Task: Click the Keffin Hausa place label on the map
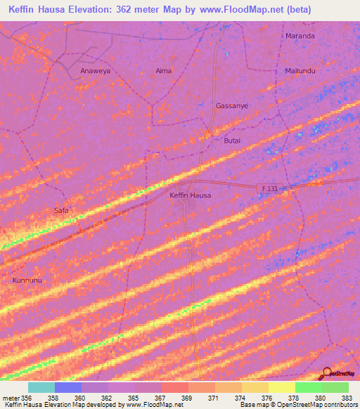coord(191,195)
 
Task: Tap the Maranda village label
coord(300,35)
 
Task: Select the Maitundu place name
coord(300,71)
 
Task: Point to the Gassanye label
coord(231,105)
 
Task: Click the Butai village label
coord(232,141)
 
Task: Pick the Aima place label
coord(163,71)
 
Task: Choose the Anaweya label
coord(95,71)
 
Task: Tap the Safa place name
coord(61,210)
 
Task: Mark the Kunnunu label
coord(27,280)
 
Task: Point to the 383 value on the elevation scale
coord(348,398)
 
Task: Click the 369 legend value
coord(187,398)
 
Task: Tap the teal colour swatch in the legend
coord(41,387)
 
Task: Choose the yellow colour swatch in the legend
coord(281,387)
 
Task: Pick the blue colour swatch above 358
coord(68,387)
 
